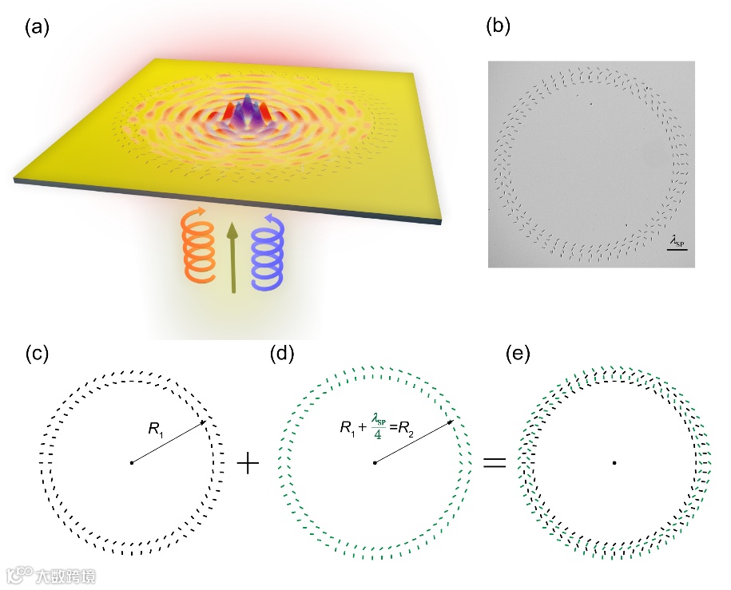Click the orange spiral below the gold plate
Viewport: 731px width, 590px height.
(197, 248)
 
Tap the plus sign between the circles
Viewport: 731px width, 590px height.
(249, 463)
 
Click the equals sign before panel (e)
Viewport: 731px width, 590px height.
(495, 463)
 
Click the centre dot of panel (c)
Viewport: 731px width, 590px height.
(130, 462)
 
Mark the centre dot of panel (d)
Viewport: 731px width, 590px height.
(375, 462)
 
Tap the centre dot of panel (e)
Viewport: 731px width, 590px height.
(614, 462)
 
